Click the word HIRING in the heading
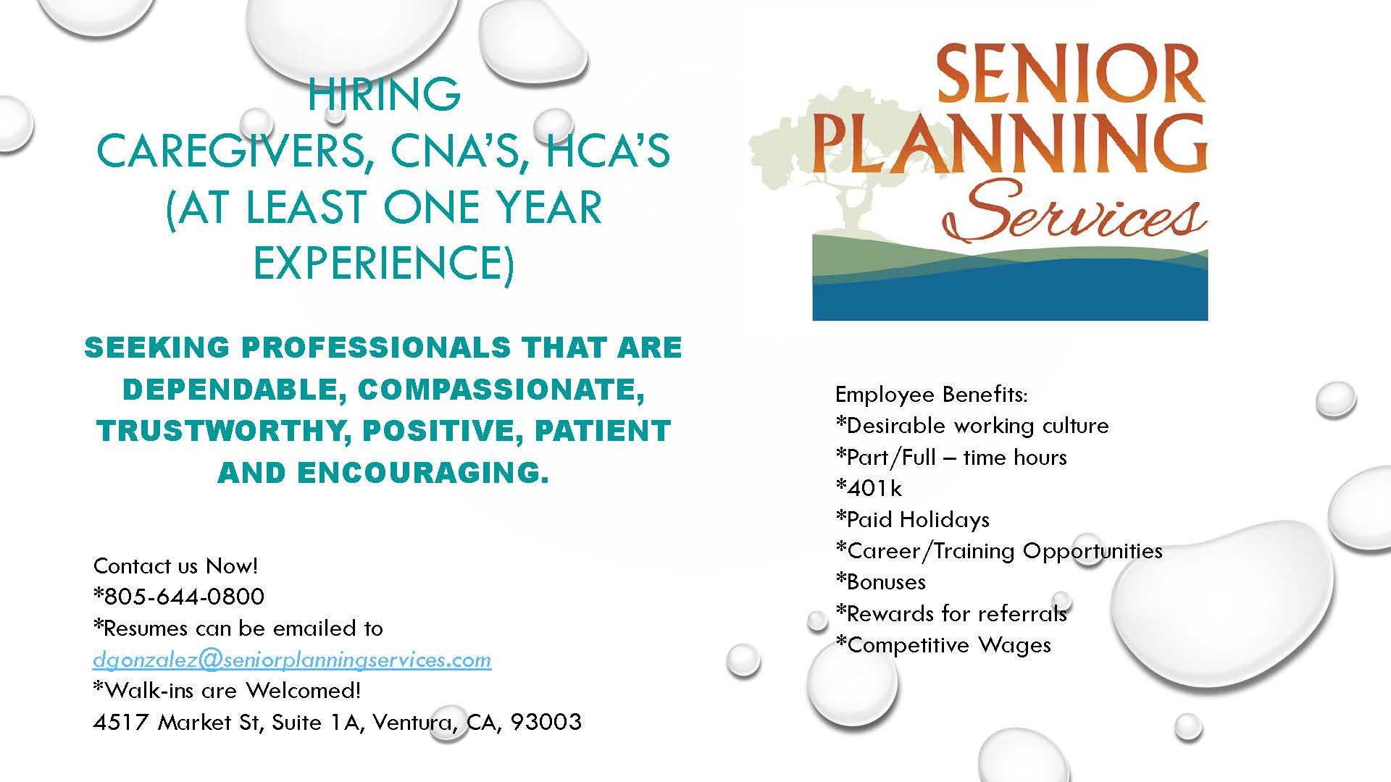coord(384,94)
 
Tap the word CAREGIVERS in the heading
coord(230,151)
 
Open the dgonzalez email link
coord(292,660)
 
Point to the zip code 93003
coord(546,722)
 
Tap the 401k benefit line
coord(869,488)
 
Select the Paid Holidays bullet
coord(913,519)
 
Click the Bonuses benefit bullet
coord(881,582)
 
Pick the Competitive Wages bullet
coord(943,645)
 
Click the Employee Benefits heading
coord(932,395)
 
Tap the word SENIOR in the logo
coord(1071,75)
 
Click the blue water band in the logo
coord(1010,293)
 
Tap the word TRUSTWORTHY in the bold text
coord(220,431)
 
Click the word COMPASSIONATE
coord(501,390)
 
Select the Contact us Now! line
coord(176,566)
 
